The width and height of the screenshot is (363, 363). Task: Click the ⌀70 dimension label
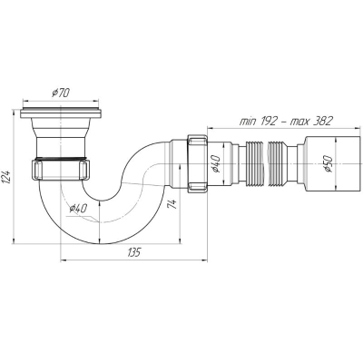(61, 93)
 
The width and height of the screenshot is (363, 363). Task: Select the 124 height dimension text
(7, 176)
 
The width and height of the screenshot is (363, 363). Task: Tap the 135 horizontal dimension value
(134, 252)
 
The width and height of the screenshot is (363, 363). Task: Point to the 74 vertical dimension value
(172, 204)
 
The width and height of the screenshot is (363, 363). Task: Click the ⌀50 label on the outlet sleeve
(328, 163)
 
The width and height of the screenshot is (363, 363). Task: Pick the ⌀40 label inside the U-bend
(78, 208)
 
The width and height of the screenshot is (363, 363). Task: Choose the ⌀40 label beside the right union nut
(216, 163)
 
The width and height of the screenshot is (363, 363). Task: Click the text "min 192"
(259, 122)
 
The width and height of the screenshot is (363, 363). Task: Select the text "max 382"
(311, 121)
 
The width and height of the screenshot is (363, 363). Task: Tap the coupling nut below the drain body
(60, 171)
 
